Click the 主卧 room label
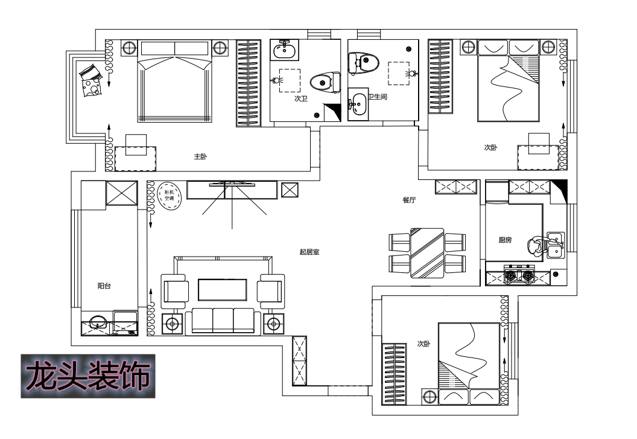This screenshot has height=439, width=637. click(200, 156)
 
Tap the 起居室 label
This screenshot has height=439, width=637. click(309, 252)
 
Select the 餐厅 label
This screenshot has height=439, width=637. click(409, 200)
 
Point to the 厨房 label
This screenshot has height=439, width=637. click(505, 240)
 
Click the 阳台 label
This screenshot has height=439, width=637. click(104, 286)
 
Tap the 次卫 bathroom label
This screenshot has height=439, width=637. click(301, 98)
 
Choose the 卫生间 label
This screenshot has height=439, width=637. click(378, 97)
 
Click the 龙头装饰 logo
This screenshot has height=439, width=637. click(88, 376)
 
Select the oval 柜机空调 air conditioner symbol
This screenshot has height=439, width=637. click(169, 195)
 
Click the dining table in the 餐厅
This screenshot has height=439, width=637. click(427, 253)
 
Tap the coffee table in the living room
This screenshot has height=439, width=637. click(223, 290)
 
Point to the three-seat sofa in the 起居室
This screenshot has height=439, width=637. click(223, 321)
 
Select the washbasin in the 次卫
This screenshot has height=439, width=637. click(284, 51)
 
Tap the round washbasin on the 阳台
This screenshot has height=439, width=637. click(98, 322)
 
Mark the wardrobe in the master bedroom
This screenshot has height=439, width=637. click(249, 83)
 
